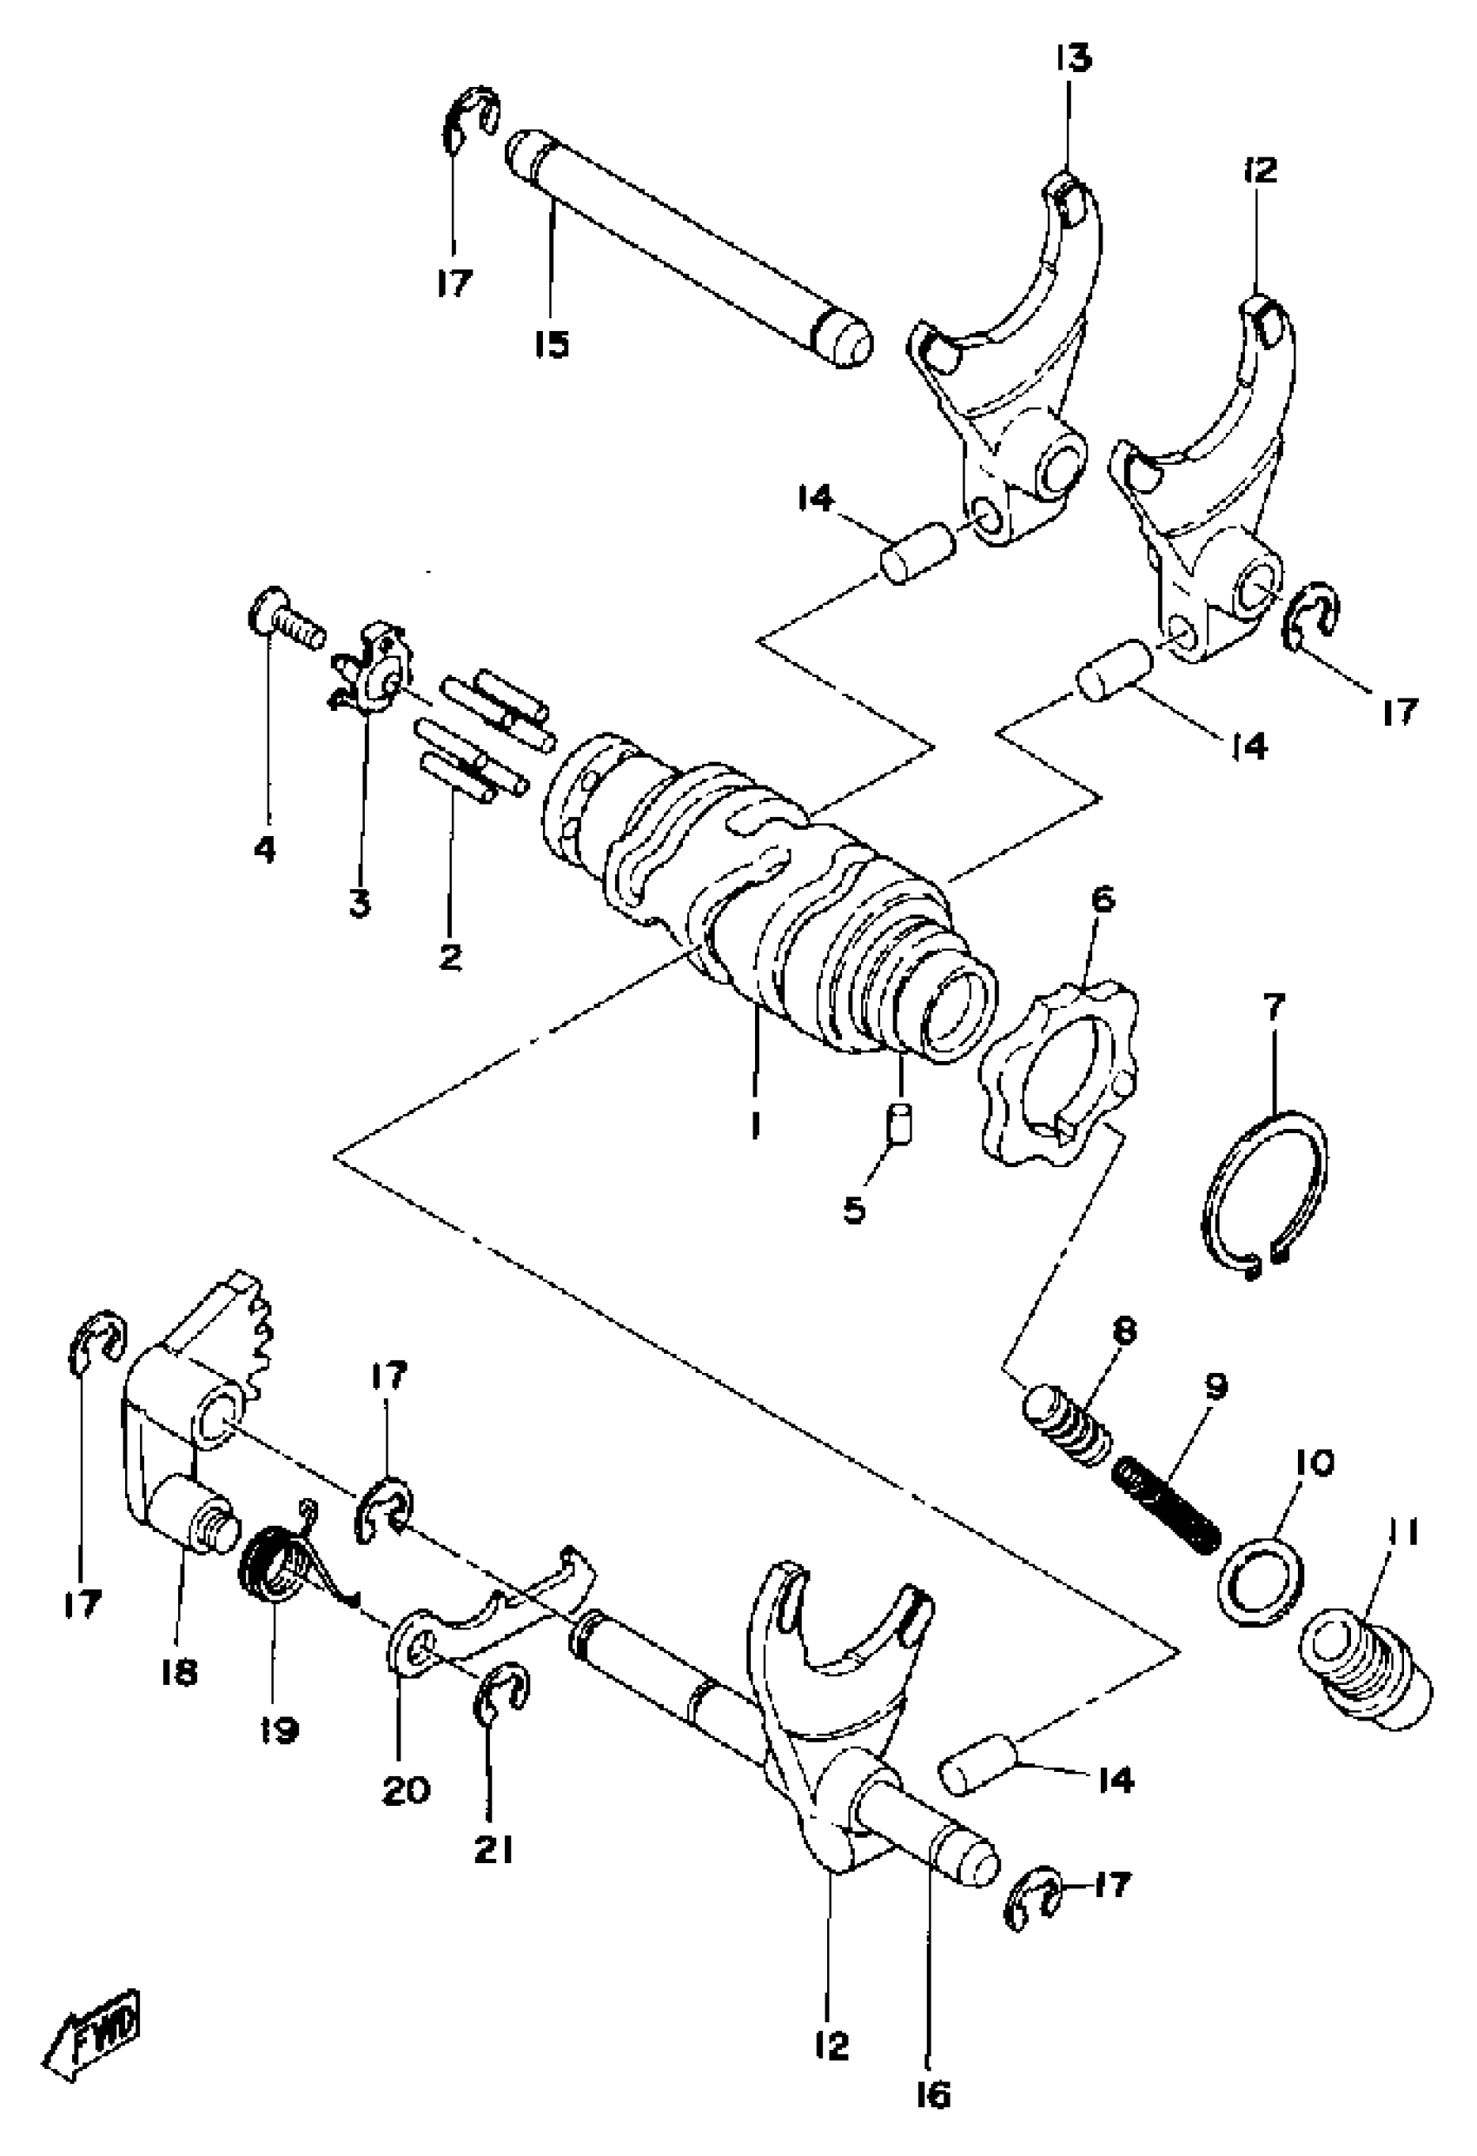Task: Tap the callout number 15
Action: [x=551, y=345]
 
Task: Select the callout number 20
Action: [x=407, y=1788]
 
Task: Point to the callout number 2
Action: [x=451, y=955]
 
